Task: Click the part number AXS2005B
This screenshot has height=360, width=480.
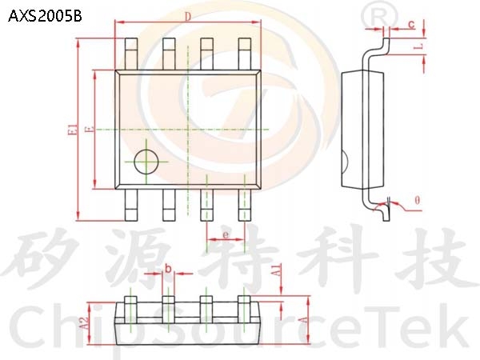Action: (x=45, y=16)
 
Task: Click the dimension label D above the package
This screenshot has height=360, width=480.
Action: (x=188, y=17)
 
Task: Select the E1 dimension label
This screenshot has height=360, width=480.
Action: (x=73, y=130)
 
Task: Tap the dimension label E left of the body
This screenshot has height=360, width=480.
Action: (x=90, y=130)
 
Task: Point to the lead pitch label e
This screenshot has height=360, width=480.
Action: (x=226, y=234)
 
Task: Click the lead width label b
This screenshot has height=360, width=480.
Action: (x=168, y=269)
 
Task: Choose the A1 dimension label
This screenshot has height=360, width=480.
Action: (x=276, y=271)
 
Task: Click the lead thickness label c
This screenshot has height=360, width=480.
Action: (x=411, y=24)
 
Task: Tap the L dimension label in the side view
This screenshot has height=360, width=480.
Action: (x=418, y=46)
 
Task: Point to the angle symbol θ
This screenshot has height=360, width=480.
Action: (x=418, y=201)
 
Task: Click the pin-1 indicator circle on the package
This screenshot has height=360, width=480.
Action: (x=146, y=162)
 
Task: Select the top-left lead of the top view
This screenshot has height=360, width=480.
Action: (x=131, y=54)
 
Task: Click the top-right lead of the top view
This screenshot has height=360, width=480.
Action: (x=245, y=54)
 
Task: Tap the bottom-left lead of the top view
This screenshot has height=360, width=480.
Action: (x=131, y=205)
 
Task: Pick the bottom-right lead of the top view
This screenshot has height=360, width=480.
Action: (x=245, y=205)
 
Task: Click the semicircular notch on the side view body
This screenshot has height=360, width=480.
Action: (x=344, y=162)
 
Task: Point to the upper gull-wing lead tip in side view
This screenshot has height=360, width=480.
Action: (x=387, y=41)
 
